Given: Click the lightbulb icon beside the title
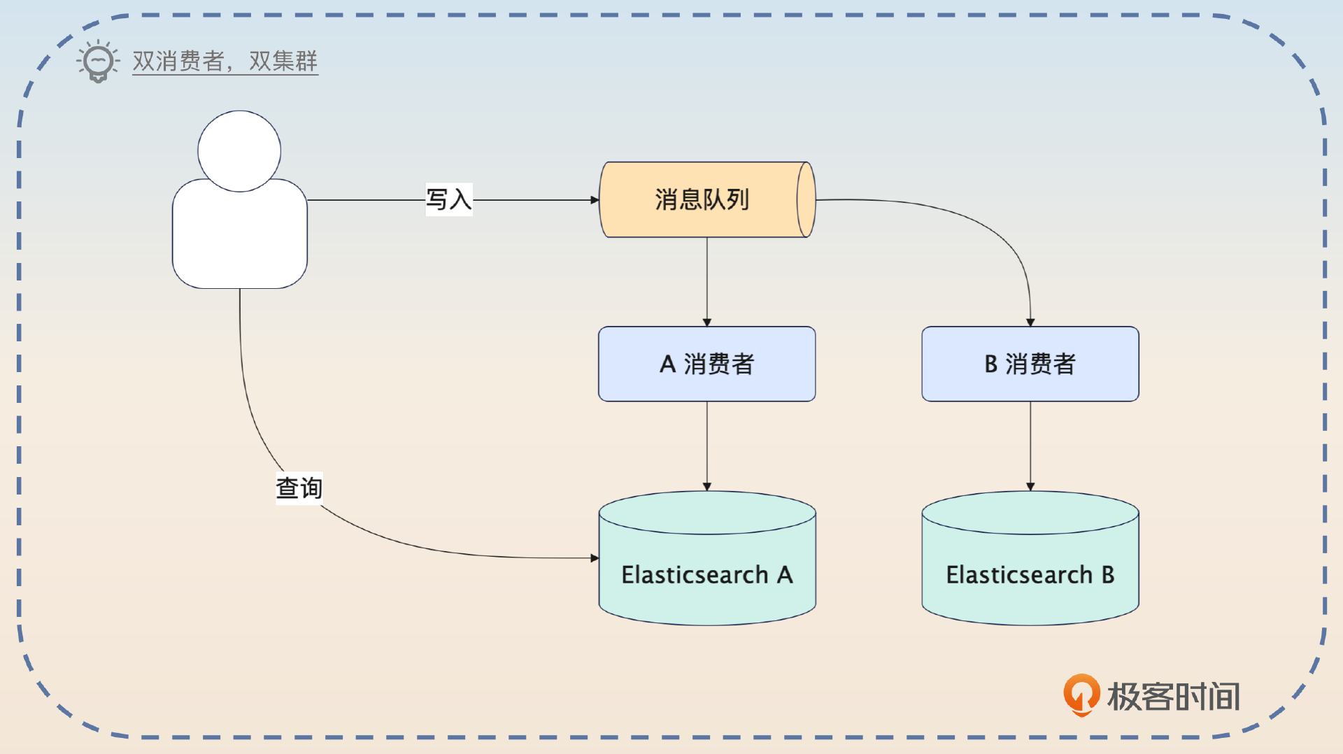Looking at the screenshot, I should [x=98, y=62].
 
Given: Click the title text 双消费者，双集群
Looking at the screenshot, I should [x=225, y=62].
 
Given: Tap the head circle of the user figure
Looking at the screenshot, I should [x=239, y=150].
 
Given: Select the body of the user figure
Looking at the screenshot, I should [x=239, y=238].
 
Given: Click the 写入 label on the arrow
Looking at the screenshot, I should [x=448, y=200].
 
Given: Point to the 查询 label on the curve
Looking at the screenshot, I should [x=299, y=488].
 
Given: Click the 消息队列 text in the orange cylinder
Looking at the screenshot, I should [x=702, y=200].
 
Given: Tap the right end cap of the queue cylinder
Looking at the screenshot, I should [x=806, y=200].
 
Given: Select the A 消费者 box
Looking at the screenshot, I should [x=706, y=364].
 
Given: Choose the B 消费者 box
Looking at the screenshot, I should [x=1030, y=364].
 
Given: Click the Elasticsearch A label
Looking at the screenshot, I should [x=706, y=575].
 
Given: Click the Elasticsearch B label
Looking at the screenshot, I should [x=1030, y=575].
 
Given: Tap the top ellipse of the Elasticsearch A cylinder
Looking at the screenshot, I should [x=706, y=513].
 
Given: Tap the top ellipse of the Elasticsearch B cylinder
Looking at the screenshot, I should [x=1030, y=513].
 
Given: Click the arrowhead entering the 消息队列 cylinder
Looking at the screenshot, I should [x=595, y=200].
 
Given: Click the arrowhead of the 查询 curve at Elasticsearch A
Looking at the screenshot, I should [x=595, y=558].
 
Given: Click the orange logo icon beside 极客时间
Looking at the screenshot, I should [x=1081, y=695].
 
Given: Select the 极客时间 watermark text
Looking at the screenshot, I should [x=1174, y=697].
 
